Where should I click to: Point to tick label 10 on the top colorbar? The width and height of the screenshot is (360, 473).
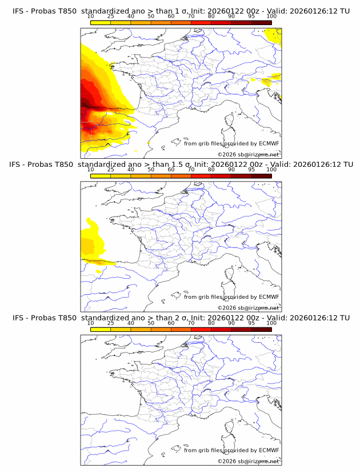tap(90, 17)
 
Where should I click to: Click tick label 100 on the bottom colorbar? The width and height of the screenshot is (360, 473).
tap(271, 323)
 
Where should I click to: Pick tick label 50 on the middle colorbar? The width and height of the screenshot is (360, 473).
tap(151, 170)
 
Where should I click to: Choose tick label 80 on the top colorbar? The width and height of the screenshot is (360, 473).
tap(211, 17)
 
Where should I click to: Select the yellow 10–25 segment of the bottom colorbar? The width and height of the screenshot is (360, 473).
tap(101, 329)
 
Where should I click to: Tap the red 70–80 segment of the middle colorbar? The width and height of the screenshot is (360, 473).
tap(201, 176)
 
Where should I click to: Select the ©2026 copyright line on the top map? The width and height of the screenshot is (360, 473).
tap(249, 155)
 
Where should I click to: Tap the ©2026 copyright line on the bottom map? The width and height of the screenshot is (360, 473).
tap(249, 461)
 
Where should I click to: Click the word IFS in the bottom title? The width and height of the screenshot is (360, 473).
tap(18, 318)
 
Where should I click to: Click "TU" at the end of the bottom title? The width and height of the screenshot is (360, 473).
tap(345, 318)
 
